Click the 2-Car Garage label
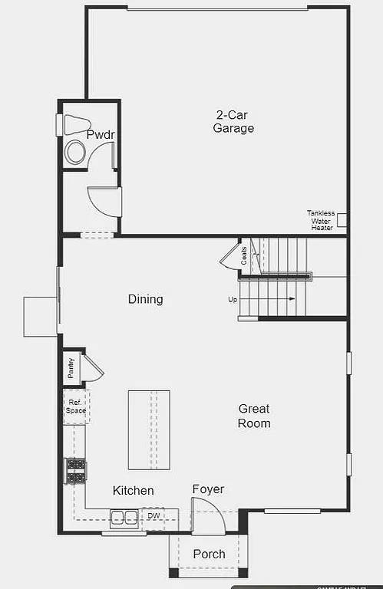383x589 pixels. click(x=233, y=122)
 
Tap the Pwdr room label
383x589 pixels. click(x=101, y=135)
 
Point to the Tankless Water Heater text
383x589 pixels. click(x=321, y=220)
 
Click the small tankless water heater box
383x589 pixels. click(x=342, y=219)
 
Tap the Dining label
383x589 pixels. click(x=145, y=299)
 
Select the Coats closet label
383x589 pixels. click(x=244, y=255)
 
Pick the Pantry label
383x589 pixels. click(x=71, y=368)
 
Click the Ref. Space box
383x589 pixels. click(x=75, y=406)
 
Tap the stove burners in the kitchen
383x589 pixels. click(x=75, y=470)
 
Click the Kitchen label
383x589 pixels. click(x=134, y=491)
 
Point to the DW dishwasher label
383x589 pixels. click(x=154, y=516)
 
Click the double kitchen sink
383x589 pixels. click(x=122, y=518)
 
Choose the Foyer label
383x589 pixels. click(x=208, y=489)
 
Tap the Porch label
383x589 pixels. click(x=209, y=554)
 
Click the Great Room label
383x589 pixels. click(x=254, y=416)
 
